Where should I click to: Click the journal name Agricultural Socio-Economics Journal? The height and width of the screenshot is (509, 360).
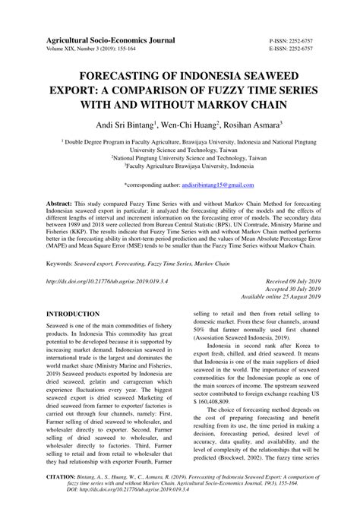111,38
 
